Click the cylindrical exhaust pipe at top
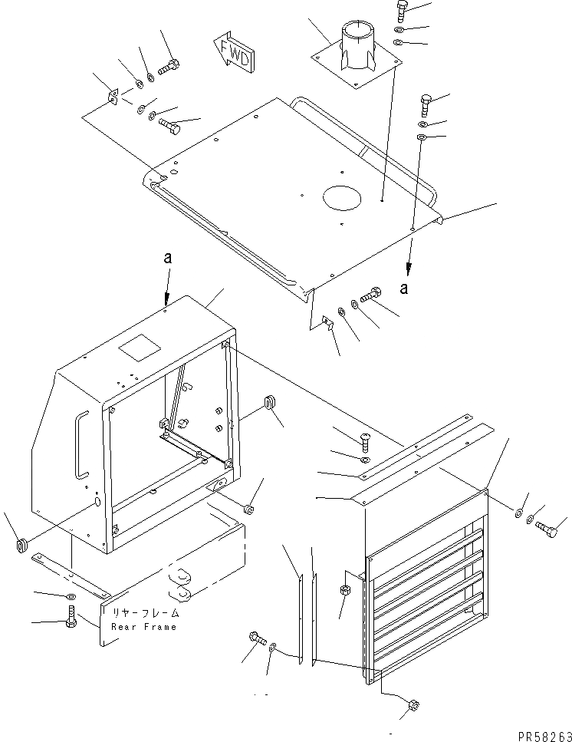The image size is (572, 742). click(x=357, y=46)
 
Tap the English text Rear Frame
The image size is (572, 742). click(x=143, y=626)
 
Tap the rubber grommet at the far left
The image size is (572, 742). click(x=21, y=546)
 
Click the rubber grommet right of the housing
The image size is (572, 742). click(x=269, y=402)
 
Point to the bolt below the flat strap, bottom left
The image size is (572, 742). click(x=71, y=616)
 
